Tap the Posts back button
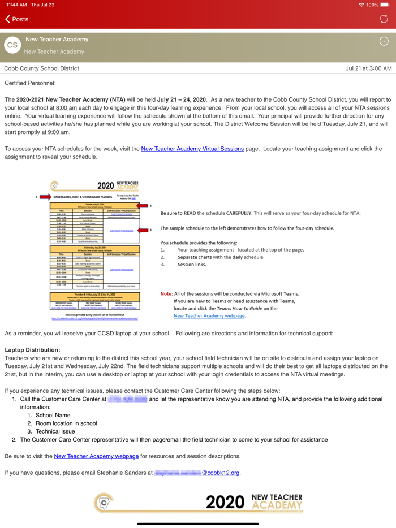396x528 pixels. coord(17,19)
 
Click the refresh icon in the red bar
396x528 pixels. coord(384,19)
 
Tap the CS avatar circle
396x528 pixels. coord(12,45)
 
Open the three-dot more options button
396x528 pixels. coord(384,41)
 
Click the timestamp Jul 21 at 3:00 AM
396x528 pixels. coord(368,68)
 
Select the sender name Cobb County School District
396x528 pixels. coord(42,68)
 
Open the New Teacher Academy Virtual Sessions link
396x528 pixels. coord(192,149)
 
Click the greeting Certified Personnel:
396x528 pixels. coord(30,83)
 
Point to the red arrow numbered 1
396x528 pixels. coord(45,197)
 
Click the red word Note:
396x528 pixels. coord(167,293)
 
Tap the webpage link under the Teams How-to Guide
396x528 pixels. coord(209,315)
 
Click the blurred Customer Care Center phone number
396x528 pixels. coord(127,399)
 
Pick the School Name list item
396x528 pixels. coord(53,415)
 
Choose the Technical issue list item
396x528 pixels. coord(55,431)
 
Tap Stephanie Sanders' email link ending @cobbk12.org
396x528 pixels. coord(197,473)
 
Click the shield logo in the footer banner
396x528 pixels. coord(104,501)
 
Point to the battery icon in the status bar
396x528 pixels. coord(385,5)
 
